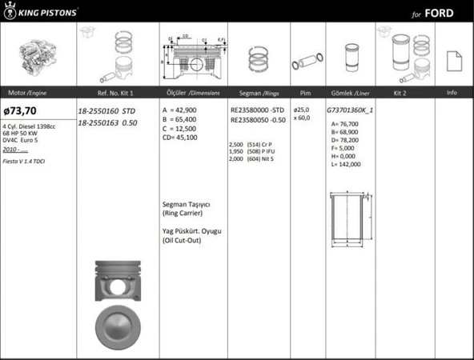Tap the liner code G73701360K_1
click(x=351, y=110)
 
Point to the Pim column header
click(x=304, y=93)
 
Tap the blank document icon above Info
click(x=452, y=59)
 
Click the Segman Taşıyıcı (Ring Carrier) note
click(x=187, y=209)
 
